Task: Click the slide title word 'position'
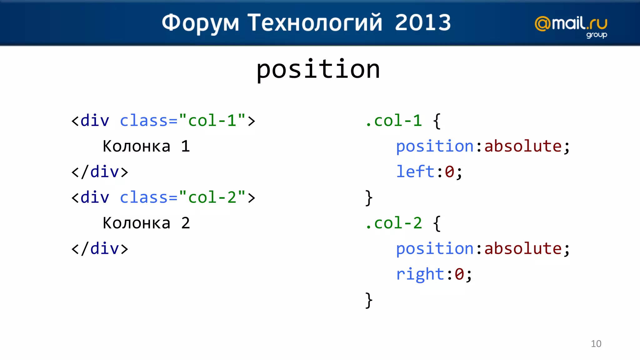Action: (318, 69)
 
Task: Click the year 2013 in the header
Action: (423, 22)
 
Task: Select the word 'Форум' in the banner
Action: (200, 23)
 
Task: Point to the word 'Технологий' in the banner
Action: (315, 23)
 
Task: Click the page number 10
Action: (596, 344)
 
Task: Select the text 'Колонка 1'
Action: (146, 146)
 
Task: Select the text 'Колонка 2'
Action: (146, 223)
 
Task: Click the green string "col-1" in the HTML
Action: (212, 121)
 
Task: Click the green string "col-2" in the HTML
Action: (212, 197)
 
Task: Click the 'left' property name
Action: (415, 172)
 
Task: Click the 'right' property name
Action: (420, 274)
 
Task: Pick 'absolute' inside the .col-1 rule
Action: (523, 146)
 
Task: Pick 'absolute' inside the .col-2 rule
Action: (523, 249)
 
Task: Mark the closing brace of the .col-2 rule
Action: (369, 300)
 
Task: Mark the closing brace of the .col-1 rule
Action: (369, 197)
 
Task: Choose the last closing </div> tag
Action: (100, 249)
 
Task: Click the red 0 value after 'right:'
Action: (459, 274)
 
